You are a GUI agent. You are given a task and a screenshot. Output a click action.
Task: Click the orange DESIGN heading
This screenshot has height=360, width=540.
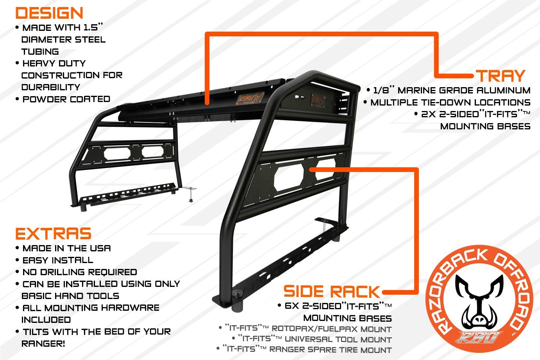[49, 13]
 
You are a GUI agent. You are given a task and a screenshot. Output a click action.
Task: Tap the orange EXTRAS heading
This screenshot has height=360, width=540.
[53, 234]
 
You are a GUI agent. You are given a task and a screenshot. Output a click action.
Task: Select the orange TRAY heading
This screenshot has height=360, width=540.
[500, 75]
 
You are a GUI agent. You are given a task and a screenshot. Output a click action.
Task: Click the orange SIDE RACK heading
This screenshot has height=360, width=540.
[331, 292]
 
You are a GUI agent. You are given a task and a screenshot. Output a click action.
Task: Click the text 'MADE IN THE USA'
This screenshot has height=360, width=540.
[66, 248]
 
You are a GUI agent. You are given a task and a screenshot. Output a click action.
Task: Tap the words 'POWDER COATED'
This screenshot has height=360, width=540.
[66, 99]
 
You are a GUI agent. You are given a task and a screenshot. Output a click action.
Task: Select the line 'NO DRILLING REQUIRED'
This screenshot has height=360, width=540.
[79, 272]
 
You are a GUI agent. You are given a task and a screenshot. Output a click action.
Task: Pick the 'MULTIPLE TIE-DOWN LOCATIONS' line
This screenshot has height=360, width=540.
[450, 102]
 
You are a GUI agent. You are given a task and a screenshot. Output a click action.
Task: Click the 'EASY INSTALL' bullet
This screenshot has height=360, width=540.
[57, 260]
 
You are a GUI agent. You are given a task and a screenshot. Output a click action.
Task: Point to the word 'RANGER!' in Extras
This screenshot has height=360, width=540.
[43, 344]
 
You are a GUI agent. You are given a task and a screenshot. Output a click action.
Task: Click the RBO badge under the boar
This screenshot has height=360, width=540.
[479, 337]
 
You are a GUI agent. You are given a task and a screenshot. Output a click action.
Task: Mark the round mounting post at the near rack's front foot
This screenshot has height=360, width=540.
[237, 301]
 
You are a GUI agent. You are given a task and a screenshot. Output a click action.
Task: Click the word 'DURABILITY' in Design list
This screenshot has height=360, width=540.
[50, 87]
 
